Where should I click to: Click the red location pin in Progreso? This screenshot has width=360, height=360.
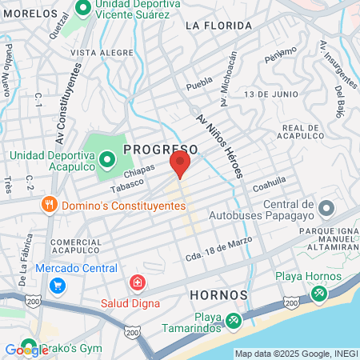coord(179,164)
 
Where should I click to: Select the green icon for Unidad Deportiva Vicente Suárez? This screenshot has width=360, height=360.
coord(82,7)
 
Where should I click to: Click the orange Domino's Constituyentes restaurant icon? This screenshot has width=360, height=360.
coord(50,205)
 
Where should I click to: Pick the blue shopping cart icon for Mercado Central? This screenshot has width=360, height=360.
coord(57,285)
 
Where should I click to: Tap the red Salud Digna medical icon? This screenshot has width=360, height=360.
coord(137,283)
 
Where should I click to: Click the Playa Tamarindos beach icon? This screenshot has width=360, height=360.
coord(233,320)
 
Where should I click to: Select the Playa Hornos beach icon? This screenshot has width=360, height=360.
coord(319,295)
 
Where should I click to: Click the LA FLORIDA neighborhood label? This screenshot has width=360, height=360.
coord(213,26)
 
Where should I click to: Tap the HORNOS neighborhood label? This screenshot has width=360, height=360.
coord(213,295)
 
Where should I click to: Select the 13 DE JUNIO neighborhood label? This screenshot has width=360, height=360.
coord(266,94)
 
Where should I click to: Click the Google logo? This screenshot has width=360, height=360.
coord(26,350)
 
